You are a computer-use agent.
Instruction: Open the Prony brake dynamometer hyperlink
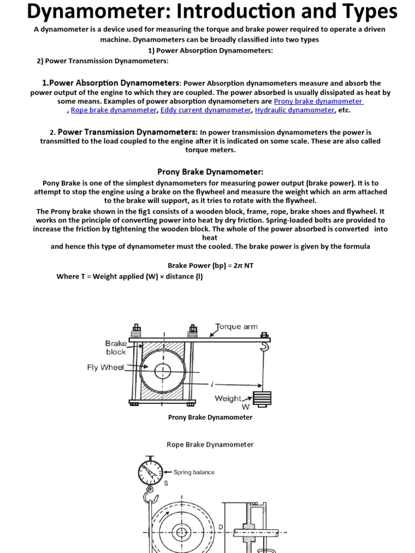[x=318, y=101]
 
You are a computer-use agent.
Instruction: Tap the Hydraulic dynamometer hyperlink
[x=294, y=110]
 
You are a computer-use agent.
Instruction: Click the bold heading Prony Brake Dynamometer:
[x=210, y=172]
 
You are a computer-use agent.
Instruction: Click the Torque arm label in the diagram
[x=237, y=327]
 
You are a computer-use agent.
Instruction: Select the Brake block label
[x=116, y=347]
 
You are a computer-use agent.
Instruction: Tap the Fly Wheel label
[x=105, y=367]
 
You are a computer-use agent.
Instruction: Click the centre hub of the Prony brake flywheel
[x=163, y=372]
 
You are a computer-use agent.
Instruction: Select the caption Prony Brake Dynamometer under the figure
[x=210, y=417]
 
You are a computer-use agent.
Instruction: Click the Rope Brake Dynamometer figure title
[x=210, y=444]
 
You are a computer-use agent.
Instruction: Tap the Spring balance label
[x=193, y=472]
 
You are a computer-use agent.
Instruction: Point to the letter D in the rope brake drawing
[x=220, y=527]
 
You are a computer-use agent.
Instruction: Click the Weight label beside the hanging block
[x=228, y=399]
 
